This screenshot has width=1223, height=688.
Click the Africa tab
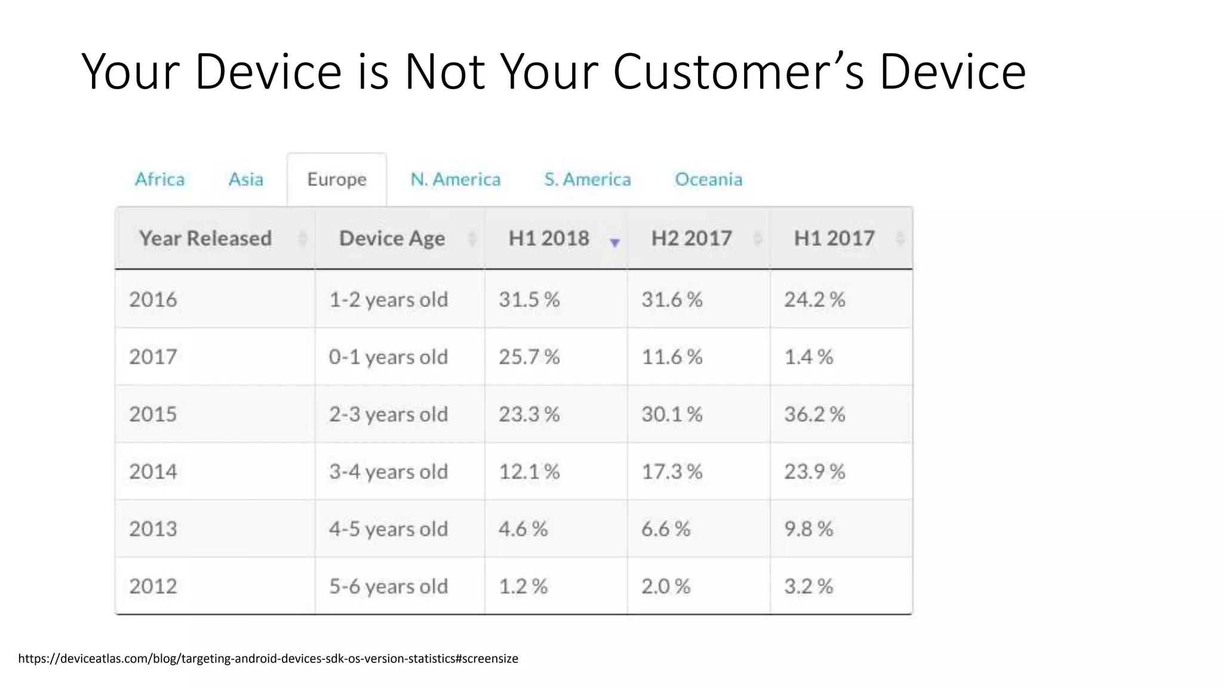(159, 179)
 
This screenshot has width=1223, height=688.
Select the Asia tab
(245, 179)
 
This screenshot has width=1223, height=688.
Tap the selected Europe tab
(337, 179)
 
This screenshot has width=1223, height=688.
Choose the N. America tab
(455, 179)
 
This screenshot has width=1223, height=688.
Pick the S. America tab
(587, 179)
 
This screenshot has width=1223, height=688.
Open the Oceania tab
(708, 179)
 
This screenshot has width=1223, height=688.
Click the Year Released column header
(205, 238)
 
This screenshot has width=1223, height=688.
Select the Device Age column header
(392, 238)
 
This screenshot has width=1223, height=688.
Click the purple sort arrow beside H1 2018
(614, 242)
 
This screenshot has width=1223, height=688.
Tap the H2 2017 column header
(691, 238)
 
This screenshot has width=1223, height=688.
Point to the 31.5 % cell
(529, 299)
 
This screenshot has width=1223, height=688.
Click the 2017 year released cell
(153, 357)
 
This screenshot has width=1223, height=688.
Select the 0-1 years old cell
(388, 357)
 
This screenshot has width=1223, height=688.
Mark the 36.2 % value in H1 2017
(815, 414)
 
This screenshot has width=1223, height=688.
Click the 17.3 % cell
(672, 471)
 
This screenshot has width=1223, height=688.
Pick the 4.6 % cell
(523, 529)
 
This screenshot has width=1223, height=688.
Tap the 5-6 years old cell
(388, 586)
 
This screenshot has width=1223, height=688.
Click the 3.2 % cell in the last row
(809, 586)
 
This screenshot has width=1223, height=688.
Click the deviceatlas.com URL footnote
(268, 658)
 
